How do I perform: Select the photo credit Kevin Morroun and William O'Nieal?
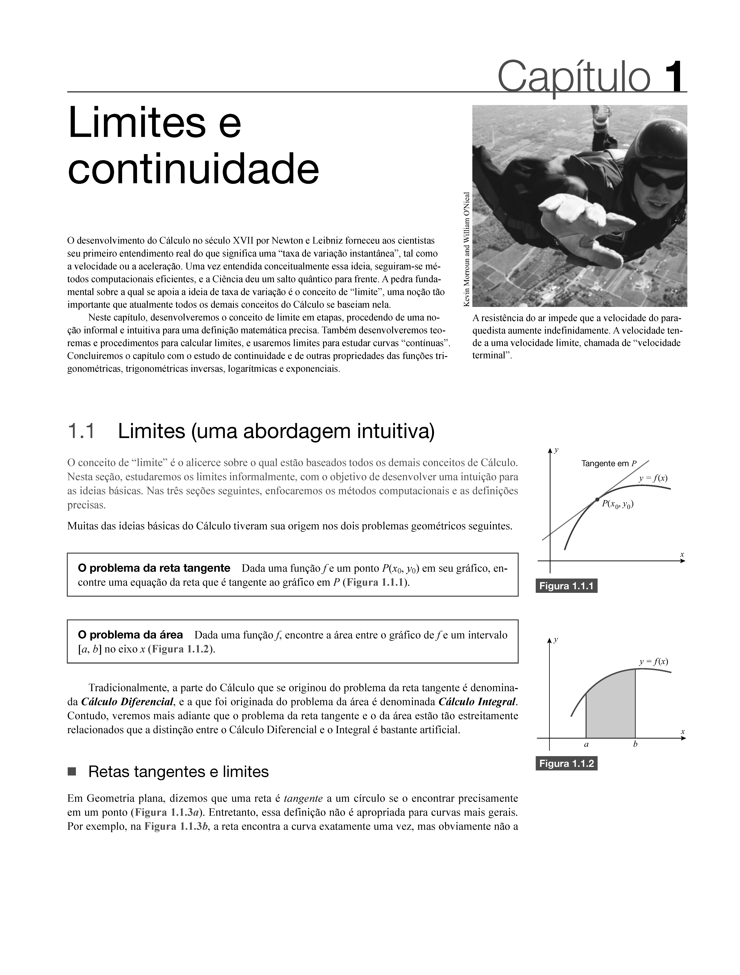coord(467,249)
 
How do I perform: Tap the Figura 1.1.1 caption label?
coord(566,586)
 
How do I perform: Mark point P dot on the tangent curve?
coord(597,499)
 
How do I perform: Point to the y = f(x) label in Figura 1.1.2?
coord(654,661)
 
